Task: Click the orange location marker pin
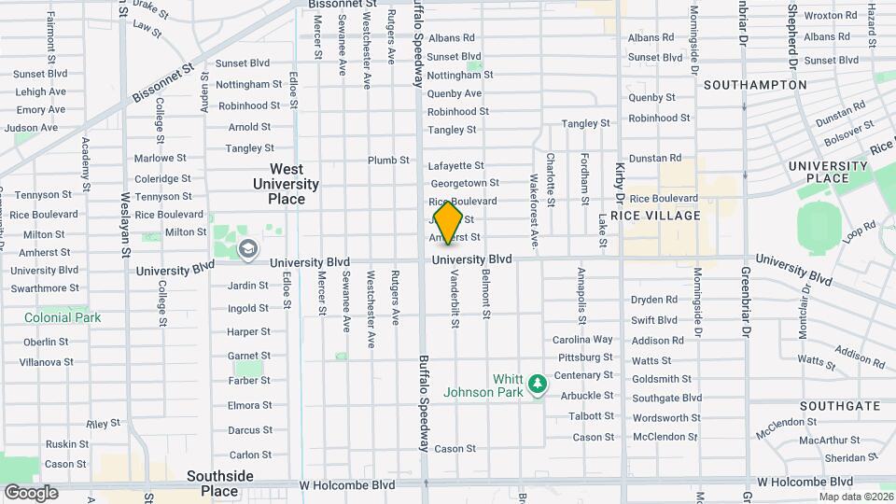(x=449, y=222)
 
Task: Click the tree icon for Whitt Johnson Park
(x=537, y=384)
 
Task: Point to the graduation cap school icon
(x=247, y=248)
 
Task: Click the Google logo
(x=31, y=492)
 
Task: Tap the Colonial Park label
(x=63, y=317)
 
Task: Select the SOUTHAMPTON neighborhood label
(x=755, y=84)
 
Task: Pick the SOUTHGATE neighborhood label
(x=840, y=406)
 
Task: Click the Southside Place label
(x=219, y=483)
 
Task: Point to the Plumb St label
(x=388, y=161)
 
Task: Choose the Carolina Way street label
(x=582, y=340)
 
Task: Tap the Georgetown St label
(x=464, y=183)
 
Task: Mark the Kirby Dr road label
(x=620, y=182)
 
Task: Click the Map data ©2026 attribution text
(x=856, y=496)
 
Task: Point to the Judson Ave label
(x=37, y=128)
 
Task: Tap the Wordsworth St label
(x=665, y=418)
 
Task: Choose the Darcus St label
(x=249, y=430)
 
